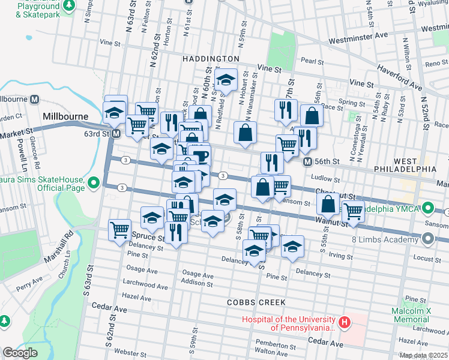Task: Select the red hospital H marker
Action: pos(345,323)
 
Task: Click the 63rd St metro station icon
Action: pos(116,133)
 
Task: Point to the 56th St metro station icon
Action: pos(307,162)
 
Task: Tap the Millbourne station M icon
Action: pos(35,99)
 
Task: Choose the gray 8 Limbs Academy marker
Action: pos(428,240)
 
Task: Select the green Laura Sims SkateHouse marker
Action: pos(93,182)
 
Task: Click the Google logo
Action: pos(20,353)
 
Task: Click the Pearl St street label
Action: pos(312,61)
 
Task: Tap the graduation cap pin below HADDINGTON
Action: pos(226,80)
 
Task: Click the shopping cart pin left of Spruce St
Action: pos(120,229)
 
